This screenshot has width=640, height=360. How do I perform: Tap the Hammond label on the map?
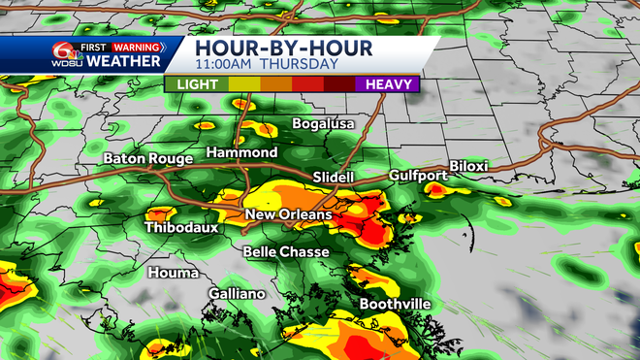click(x=242, y=153)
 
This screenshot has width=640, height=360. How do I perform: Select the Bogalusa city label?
click(x=325, y=124)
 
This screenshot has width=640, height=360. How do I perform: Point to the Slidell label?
click(x=335, y=178)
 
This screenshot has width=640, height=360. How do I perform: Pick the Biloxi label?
click(x=469, y=166)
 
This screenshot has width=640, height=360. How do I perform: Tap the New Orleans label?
click(x=288, y=214)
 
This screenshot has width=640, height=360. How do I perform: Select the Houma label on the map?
click(x=174, y=273)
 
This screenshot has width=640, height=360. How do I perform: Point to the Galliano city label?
click(x=237, y=294)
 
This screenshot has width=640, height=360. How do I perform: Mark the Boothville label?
click(x=395, y=304)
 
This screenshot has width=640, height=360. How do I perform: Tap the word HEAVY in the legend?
click(x=387, y=84)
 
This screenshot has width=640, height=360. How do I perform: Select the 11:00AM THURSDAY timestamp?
click(x=266, y=64)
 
